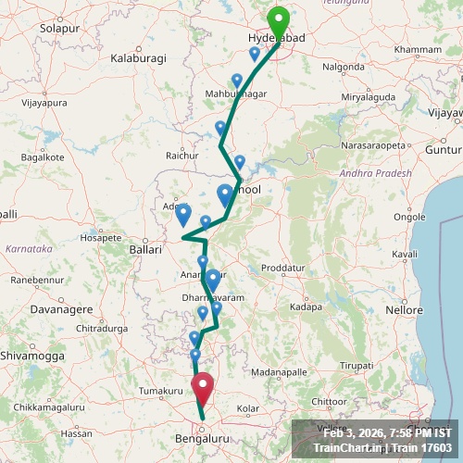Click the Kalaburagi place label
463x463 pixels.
point(138,58)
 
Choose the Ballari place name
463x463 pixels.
point(145,249)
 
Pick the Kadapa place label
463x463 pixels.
point(305,307)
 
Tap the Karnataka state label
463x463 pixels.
point(29,249)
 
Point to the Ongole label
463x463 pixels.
point(410,217)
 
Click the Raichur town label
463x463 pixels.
point(181,156)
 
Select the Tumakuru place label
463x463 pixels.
point(156,392)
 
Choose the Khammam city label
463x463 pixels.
point(418,48)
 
